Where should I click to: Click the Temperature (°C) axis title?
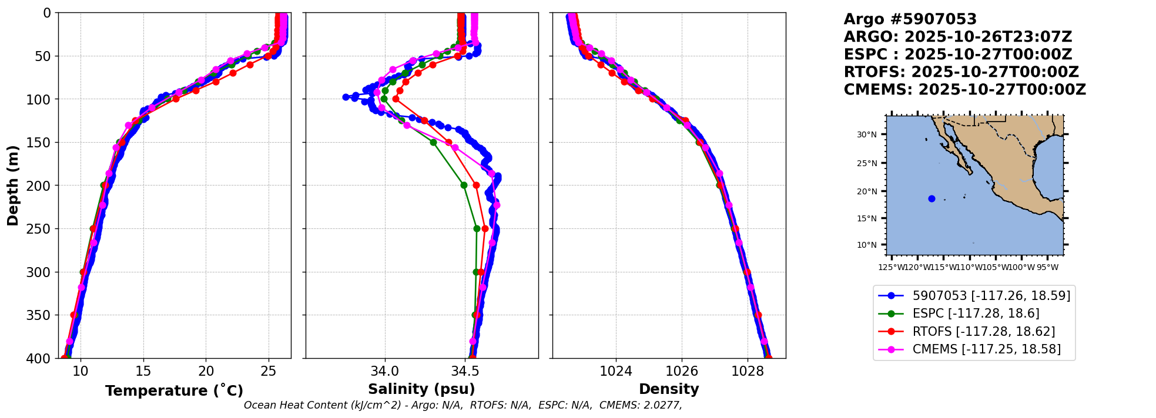click(174, 390)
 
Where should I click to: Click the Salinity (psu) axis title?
click(421, 389)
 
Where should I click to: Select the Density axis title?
click(669, 389)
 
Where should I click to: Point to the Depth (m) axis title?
click(12, 185)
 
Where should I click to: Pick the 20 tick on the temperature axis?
click(206, 371)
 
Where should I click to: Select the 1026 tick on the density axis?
click(682, 371)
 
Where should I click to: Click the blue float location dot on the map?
click(931, 198)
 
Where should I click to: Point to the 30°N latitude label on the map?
click(866, 135)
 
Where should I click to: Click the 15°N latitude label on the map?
click(866, 219)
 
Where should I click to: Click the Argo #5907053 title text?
click(910, 19)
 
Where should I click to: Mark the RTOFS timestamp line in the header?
click(961, 72)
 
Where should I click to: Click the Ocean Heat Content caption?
click(463, 405)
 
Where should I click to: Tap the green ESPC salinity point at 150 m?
click(433, 142)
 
